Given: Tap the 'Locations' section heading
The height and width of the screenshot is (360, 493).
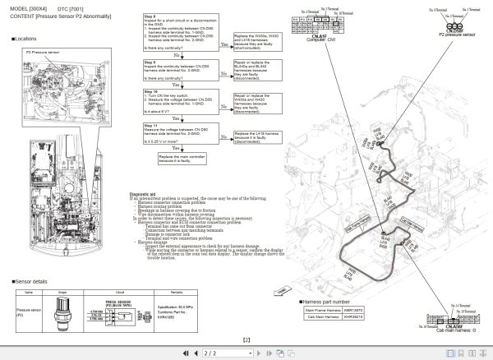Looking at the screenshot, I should point(25,39).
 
